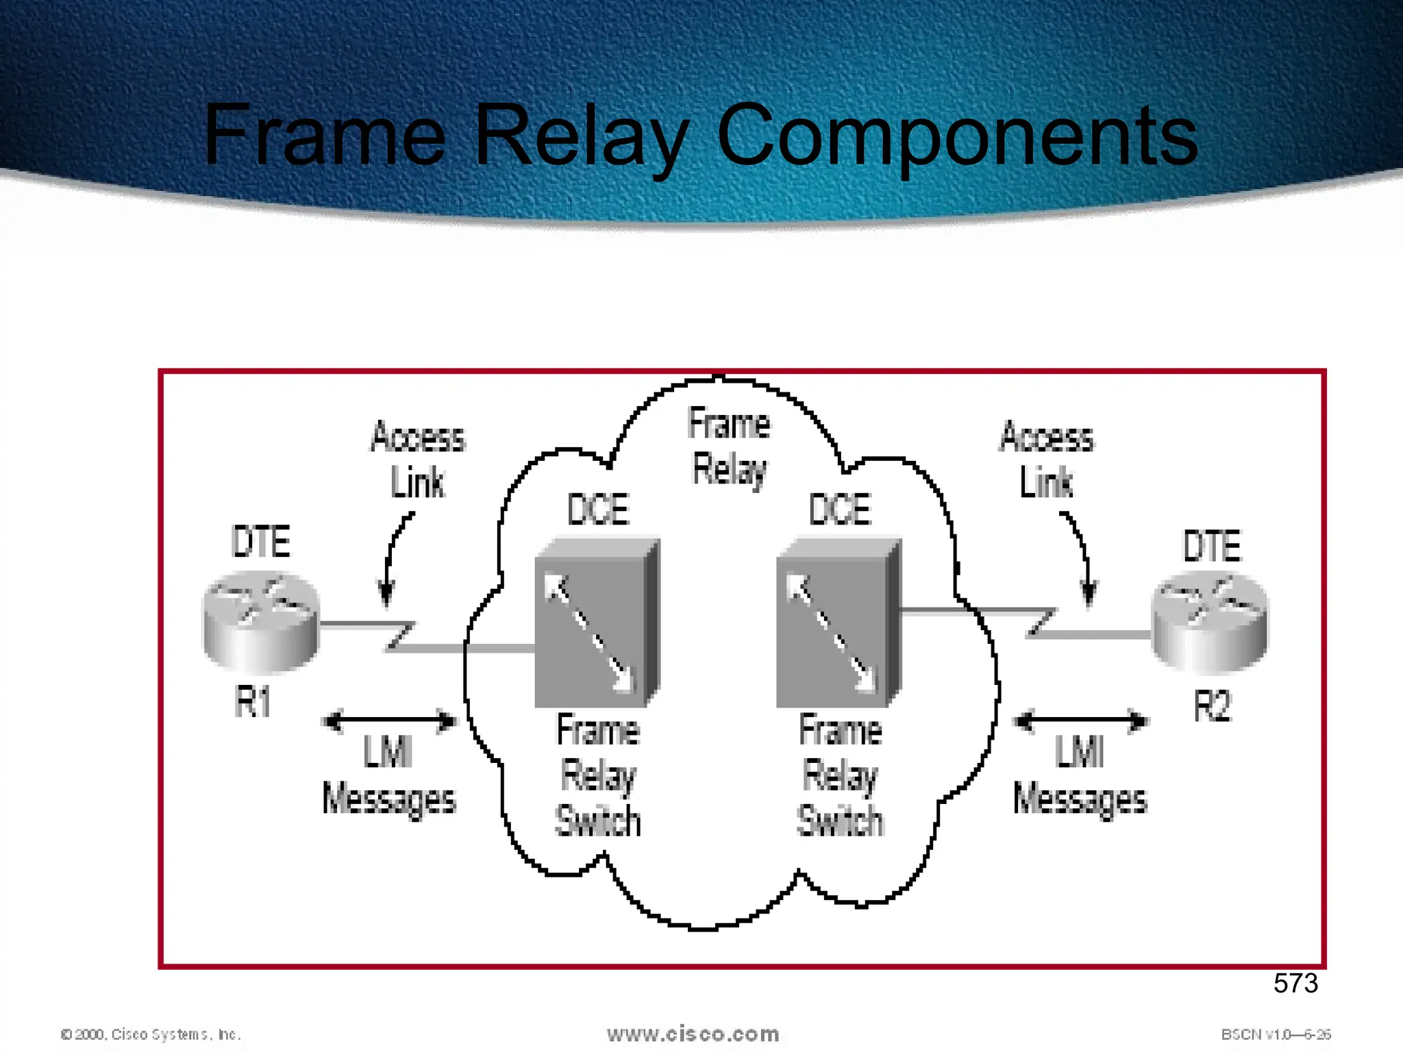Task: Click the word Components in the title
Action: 956,136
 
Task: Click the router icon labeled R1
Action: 261,622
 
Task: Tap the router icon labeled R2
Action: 1210,624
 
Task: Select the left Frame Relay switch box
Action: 596,623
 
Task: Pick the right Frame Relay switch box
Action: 838,623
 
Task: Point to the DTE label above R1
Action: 261,542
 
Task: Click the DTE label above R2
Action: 1212,546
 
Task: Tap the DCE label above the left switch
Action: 598,510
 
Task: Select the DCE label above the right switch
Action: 840,510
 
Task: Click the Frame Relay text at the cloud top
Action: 729,446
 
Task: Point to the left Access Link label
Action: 418,460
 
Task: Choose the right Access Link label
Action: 1047,460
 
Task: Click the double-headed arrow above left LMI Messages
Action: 389,721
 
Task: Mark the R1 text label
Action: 253,702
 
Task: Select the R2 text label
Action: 1212,706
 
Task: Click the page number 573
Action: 1295,984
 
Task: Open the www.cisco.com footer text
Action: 693,1034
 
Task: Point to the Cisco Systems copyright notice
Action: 151,1034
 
